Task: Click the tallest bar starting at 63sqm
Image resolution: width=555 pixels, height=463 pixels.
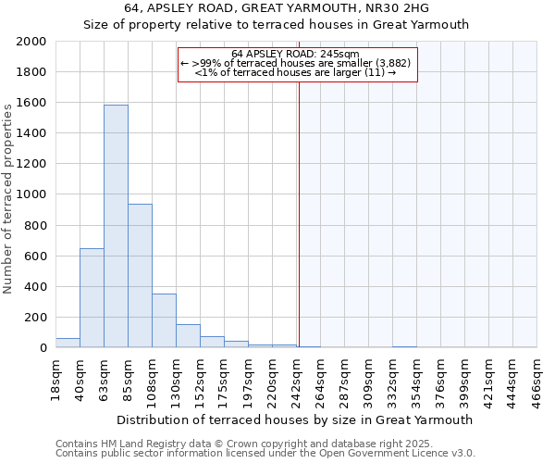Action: point(116,226)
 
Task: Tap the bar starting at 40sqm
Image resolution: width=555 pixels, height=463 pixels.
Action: point(92,298)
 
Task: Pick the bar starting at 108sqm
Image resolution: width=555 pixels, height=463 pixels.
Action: point(164,320)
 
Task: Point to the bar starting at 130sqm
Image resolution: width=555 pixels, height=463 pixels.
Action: point(188,336)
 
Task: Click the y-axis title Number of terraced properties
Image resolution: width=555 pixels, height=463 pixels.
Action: point(8,198)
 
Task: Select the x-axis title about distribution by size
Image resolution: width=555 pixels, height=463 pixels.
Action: point(295,419)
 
